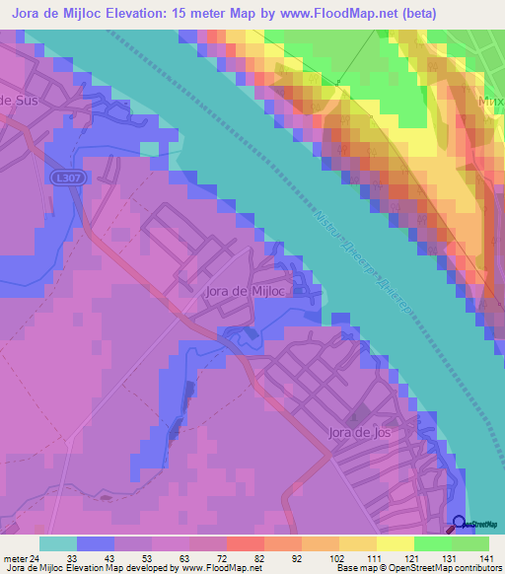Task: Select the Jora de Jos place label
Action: pyautogui.click(x=362, y=432)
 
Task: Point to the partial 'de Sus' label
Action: pyautogui.click(x=17, y=101)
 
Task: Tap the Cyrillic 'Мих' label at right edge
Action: pyautogui.click(x=489, y=102)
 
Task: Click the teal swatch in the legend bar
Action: pyautogui.click(x=58, y=543)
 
